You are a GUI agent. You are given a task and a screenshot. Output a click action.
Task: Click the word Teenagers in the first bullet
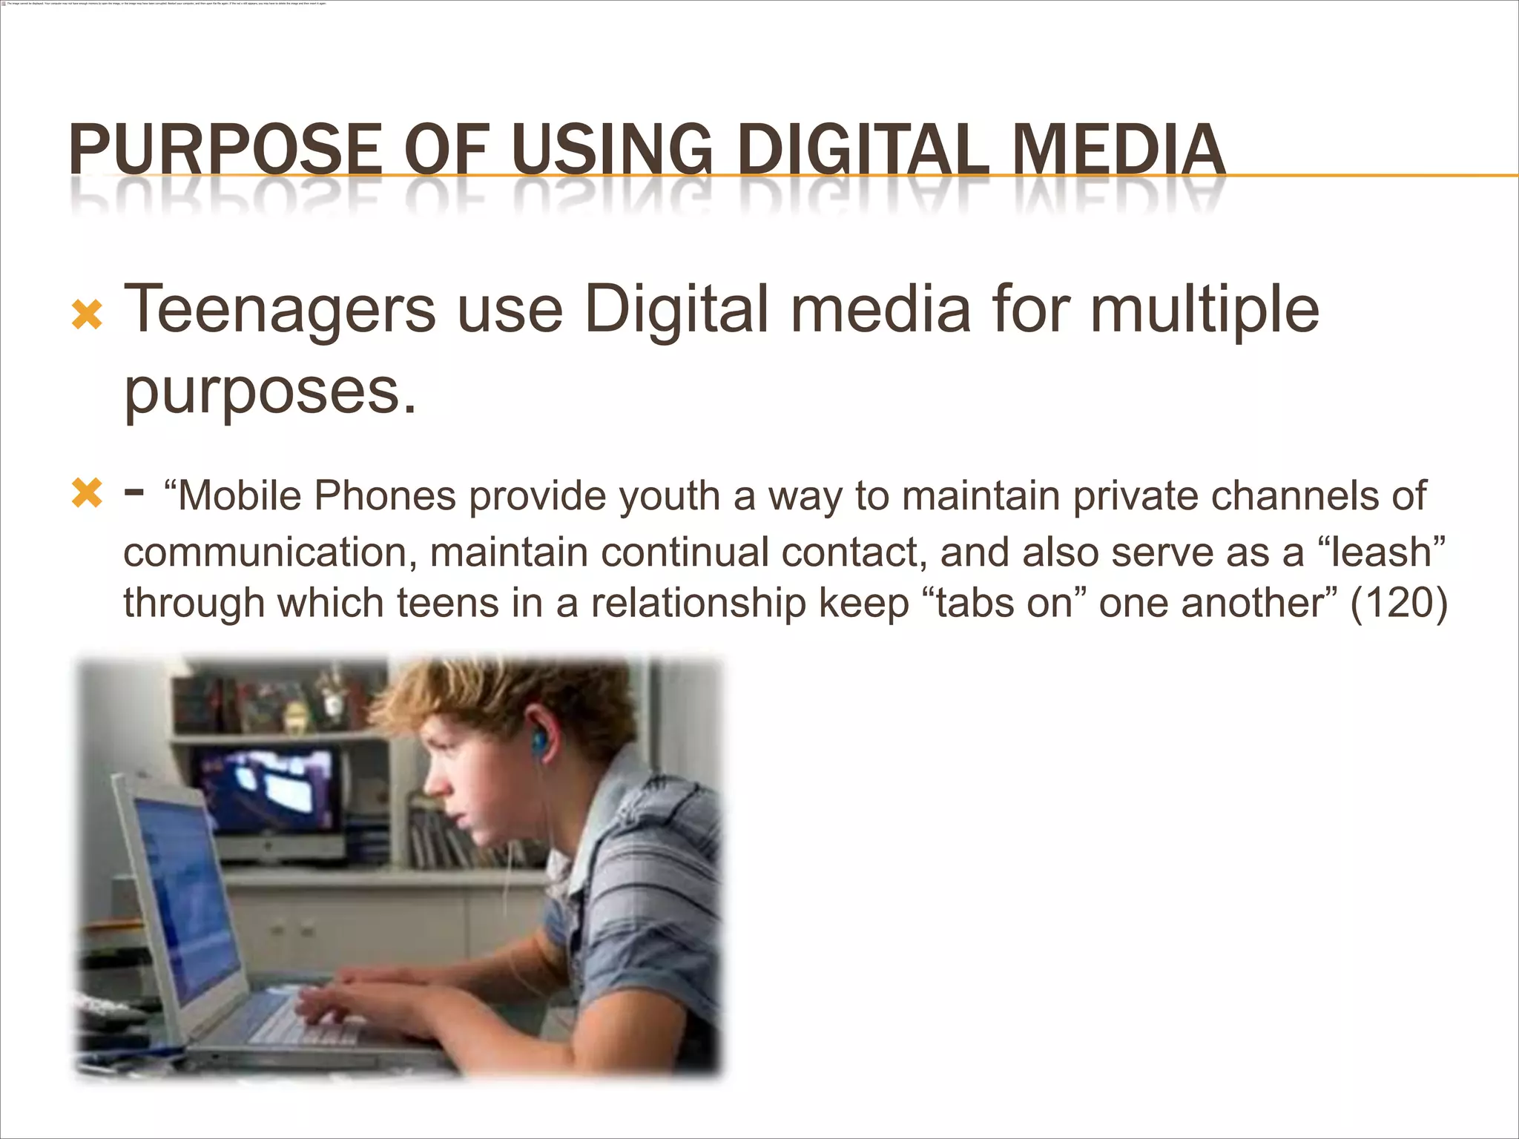(x=280, y=311)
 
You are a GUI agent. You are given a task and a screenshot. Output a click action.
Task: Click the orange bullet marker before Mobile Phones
(x=87, y=494)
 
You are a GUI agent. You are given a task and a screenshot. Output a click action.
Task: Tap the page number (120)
(x=1399, y=603)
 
